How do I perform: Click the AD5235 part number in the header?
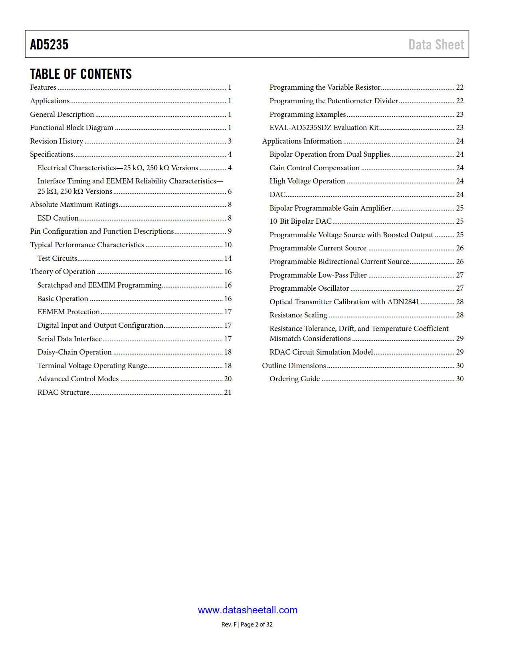(49, 44)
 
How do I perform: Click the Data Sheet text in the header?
(436, 44)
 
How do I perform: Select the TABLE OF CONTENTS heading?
(81, 74)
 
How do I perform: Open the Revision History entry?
(57, 141)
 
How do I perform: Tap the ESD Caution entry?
(58, 218)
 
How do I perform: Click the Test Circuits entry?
(57, 258)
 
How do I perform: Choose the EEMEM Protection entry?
(68, 312)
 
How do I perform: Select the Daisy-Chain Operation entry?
(74, 352)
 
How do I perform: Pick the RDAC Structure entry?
(63, 392)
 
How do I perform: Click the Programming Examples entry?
(307, 114)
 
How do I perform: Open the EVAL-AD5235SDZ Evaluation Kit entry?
(324, 128)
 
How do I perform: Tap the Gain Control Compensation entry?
(314, 168)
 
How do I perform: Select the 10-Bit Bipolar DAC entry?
(300, 221)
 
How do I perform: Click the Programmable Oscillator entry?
(309, 288)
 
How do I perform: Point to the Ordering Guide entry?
(294, 379)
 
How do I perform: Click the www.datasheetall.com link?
(248, 610)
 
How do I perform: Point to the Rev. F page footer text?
(247, 625)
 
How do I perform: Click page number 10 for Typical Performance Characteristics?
(228, 245)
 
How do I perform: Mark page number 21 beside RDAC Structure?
(228, 392)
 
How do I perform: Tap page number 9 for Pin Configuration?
(230, 231)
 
